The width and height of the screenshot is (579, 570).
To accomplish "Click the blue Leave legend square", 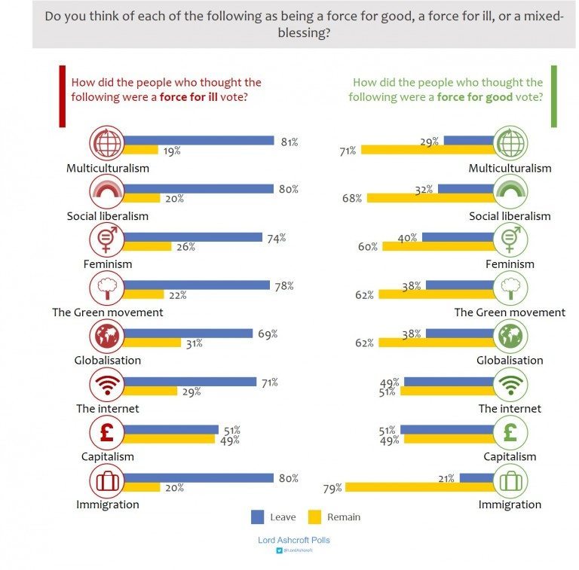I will tap(257, 517).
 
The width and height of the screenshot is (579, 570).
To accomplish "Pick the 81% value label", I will tap(288, 140).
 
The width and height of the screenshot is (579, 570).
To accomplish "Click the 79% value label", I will tap(332, 488).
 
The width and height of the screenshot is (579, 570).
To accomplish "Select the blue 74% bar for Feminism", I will tap(191, 237).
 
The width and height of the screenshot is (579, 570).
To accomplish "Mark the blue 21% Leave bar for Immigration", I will tap(476, 477).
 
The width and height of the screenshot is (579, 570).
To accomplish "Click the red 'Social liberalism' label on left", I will tap(107, 216).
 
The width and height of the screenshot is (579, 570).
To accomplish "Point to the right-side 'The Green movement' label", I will tap(510, 312).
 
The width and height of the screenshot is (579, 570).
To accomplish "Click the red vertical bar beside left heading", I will tap(61, 96).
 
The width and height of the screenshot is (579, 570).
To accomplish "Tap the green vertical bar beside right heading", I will tap(554, 96).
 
